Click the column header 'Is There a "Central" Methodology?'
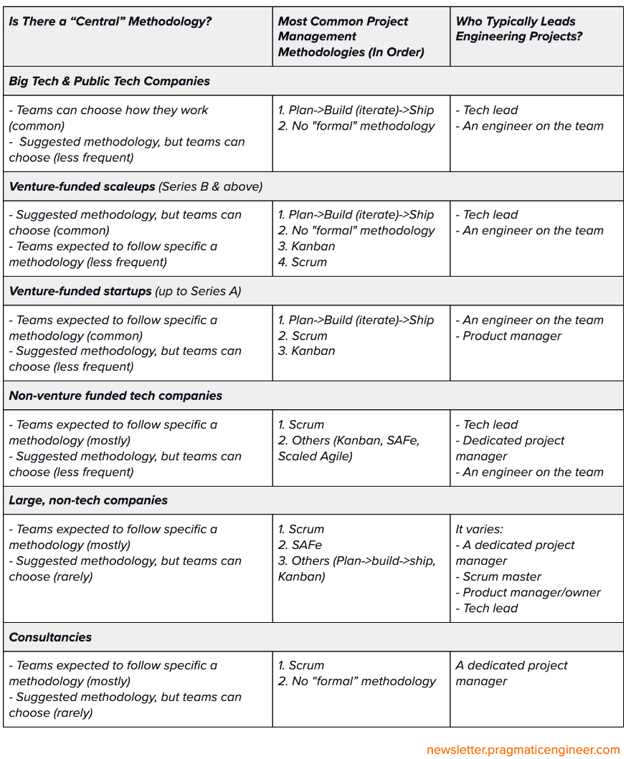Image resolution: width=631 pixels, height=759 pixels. [110, 22]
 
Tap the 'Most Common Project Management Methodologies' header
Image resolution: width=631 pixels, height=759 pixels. [351, 37]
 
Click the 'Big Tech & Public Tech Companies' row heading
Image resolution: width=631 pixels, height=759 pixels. [110, 81]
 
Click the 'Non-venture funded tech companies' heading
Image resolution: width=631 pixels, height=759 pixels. [115, 396]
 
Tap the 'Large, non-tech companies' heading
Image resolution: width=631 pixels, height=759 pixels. [88, 500]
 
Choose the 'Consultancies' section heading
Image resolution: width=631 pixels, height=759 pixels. [50, 637]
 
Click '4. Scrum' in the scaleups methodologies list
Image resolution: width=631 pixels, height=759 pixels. [303, 262]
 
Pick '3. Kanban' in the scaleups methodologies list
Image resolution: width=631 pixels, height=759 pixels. [307, 246]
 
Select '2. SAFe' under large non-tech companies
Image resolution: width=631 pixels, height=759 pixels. [300, 545]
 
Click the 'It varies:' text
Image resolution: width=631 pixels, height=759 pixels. [480, 529]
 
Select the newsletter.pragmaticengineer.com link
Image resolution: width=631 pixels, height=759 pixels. [523, 750]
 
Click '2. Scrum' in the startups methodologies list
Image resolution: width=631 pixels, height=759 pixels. [303, 335]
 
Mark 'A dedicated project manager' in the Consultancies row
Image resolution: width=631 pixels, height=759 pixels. [511, 673]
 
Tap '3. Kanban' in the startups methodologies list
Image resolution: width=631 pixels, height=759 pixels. [307, 350]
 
